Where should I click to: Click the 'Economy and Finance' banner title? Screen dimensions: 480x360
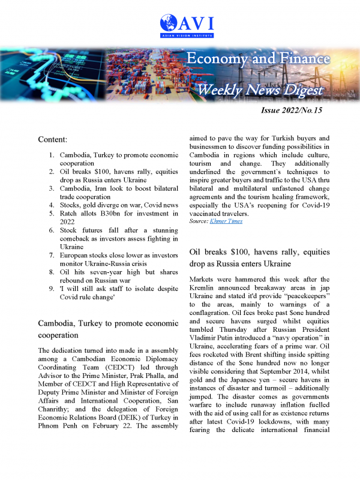(x=259, y=59)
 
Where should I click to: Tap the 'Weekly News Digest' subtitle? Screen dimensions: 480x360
(x=262, y=90)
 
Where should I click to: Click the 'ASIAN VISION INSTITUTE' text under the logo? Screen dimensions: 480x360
(x=188, y=35)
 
